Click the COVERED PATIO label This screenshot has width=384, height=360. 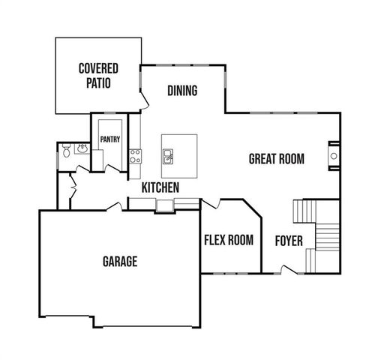point(98,76)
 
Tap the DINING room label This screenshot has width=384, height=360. point(182,91)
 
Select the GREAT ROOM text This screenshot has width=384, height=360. point(276,158)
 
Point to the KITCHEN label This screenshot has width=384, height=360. point(160,187)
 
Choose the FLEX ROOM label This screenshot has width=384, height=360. point(228,240)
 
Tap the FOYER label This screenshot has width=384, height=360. point(288,241)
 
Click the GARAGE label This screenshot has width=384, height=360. point(119,262)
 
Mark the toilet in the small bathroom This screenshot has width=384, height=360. point(65,151)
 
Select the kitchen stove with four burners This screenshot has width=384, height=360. point(136,156)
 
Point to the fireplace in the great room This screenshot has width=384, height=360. point(332,156)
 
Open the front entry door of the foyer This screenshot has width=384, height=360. point(287,268)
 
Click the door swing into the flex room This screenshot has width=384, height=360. point(209,203)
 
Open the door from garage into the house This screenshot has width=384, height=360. point(115,205)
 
